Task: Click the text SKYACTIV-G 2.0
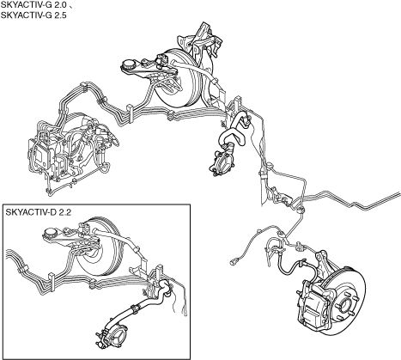pyautogui.click(x=33, y=6)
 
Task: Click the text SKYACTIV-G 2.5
pyautogui.click(x=33, y=15)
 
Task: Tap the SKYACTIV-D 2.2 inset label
pyautogui.click(x=39, y=212)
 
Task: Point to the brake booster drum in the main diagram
pyautogui.click(x=179, y=79)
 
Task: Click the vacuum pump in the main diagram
pyautogui.click(x=222, y=162)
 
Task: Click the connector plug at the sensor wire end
pyautogui.click(x=234, y=261)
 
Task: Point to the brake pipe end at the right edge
pyautogui.click(x=399, y=194)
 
